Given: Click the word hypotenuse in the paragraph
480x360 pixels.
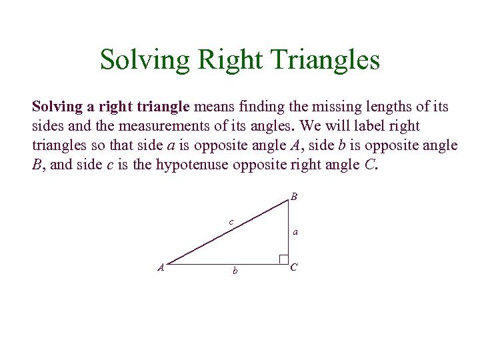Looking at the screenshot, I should click(x=193, y=164).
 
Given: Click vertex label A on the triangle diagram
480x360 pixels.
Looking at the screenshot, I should click(x=161, y=267).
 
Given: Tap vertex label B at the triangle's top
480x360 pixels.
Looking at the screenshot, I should click(x=294, y=197).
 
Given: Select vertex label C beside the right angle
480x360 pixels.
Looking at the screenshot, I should click(x=294, y=267).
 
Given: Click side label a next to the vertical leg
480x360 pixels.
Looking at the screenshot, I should click(x=295, y=233).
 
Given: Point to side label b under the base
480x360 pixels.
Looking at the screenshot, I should click(x=235, y=271).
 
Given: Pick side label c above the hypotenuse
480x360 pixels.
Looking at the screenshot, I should click(x=231, y=221).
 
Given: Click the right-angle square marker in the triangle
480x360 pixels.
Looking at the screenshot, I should click(x=283, y=259).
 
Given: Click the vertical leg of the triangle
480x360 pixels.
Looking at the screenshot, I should click(x=287, y=230).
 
